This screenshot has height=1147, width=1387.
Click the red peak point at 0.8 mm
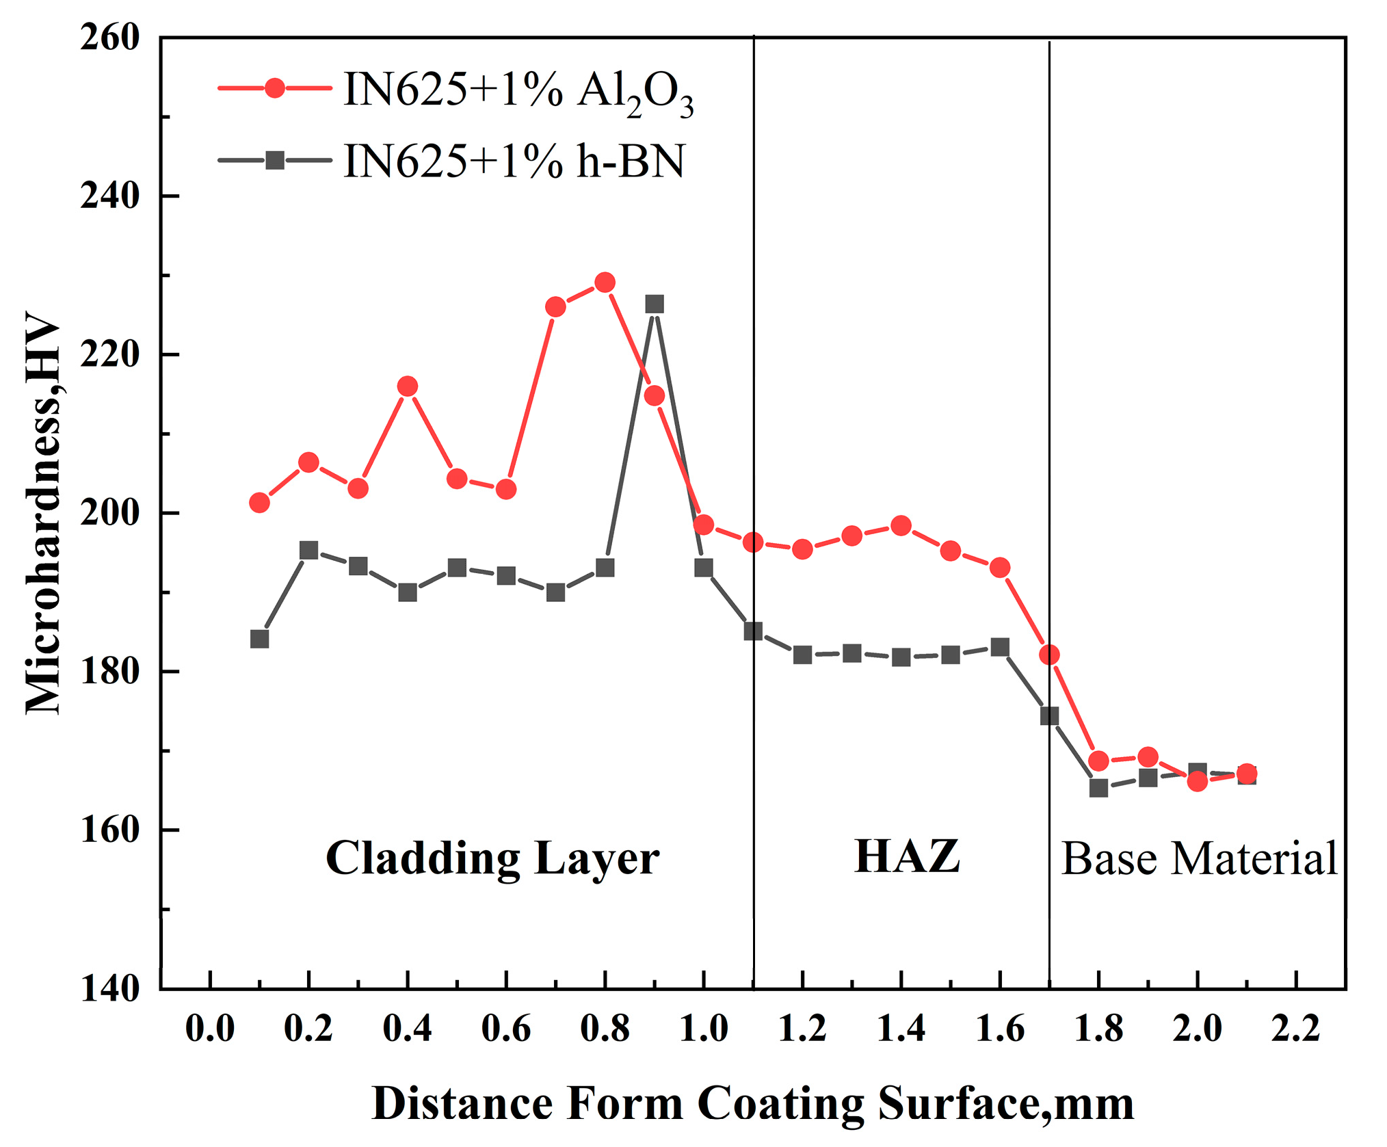click(605, 282)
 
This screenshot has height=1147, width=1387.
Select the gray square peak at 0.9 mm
click(655, 304)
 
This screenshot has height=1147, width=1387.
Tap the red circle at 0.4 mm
click(408, 386)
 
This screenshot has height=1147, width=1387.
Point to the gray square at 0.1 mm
click(259, 639)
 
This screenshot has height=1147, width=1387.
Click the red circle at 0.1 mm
click(259, 503)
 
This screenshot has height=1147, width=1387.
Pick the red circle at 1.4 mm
click(901, 526)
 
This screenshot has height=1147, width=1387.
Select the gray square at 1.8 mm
click(1098, 788)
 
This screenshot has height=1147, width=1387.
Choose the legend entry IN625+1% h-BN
click(513, 162)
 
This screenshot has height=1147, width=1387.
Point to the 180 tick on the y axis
click(109, 671)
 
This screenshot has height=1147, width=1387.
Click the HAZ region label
click(907, 856)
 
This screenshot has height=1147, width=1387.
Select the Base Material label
click(1199, 858)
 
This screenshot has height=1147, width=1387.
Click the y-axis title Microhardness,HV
click(42, 513)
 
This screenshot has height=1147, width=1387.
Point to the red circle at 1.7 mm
click(1049, 655)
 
